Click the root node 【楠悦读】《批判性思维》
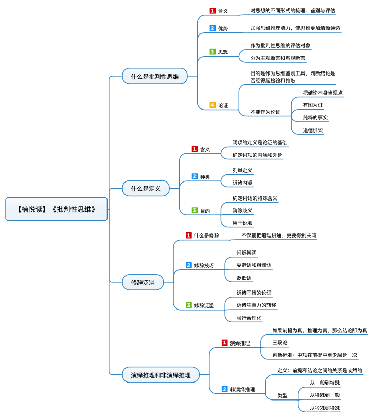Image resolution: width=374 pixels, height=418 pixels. (57, 209)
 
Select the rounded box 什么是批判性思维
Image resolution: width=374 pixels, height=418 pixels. (155, 77)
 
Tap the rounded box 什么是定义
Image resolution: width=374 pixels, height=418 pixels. (146, 189)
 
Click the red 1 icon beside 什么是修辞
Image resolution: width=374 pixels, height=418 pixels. (189, 235)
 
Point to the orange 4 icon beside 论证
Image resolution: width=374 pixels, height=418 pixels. (212, 105)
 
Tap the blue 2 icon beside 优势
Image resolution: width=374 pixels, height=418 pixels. (212, 28)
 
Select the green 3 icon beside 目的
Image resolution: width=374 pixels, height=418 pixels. (194, 210)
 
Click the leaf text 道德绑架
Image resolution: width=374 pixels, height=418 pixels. (313, 130)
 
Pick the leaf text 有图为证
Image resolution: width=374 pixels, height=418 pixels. (313, 105)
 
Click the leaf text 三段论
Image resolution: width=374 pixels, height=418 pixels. (280, 342)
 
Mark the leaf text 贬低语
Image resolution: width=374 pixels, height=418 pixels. (244, 278)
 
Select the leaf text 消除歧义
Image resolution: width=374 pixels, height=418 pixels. (242, 210)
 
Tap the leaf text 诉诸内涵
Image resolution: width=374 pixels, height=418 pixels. (242, 183)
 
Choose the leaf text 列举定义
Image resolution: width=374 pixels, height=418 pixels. (242, 170)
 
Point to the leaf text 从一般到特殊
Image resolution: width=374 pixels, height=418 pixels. (325, 383)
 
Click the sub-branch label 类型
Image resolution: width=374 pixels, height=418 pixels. (282, 395)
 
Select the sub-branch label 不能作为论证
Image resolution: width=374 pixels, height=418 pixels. (265, 112)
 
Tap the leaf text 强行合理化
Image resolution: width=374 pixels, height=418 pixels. (249, 318)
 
